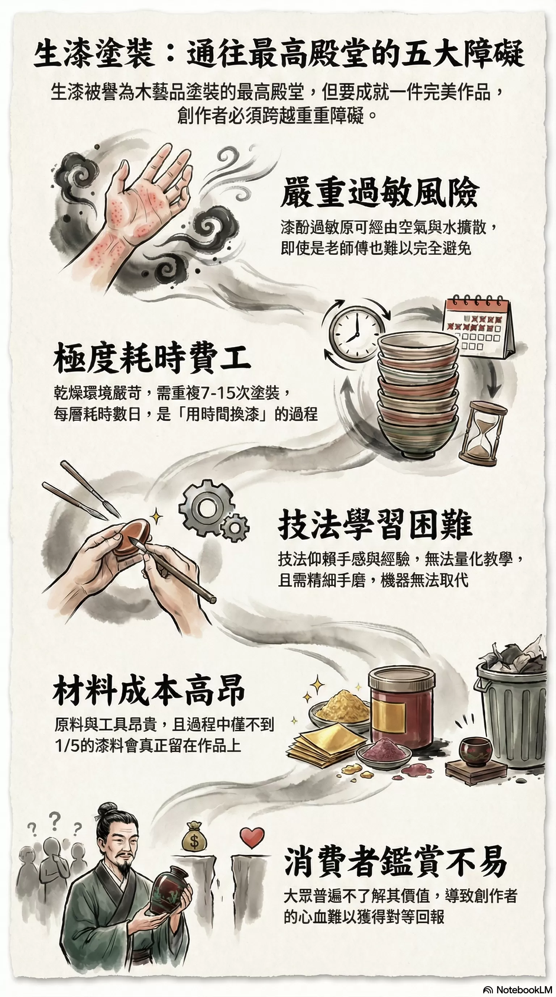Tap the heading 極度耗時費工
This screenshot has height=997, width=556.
(x=152, y=358)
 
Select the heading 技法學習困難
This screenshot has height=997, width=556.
(x=375, y=525)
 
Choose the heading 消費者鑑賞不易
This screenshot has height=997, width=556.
(x=395, y=862)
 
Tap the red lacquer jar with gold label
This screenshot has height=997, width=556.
(x=401, y=706)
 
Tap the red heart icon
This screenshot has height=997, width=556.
(x=252, y=837)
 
